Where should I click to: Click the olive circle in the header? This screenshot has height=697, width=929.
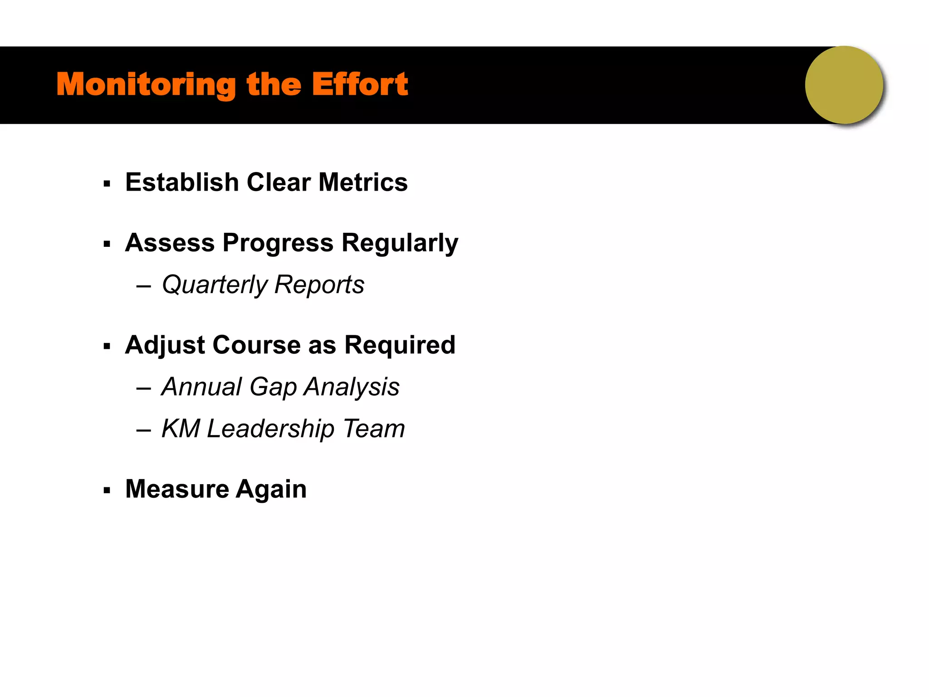point(844,85)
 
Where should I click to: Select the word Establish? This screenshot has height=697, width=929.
point(182,182)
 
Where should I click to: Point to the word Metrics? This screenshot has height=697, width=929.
point(363,182)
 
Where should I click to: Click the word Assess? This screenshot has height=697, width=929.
point(170,243)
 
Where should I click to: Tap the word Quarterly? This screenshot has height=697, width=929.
point(215,285)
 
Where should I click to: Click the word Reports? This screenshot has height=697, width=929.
point(319,285)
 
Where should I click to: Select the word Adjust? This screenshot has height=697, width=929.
point(165,345)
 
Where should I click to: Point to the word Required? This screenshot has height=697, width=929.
point(400,345)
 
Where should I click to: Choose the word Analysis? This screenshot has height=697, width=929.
point(352,388)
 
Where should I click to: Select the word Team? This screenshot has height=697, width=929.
point(374,429)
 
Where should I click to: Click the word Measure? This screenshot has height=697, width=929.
point(177,489)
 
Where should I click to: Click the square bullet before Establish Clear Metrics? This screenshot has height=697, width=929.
point(107,184)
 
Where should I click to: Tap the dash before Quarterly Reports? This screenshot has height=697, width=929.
point(143,287)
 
